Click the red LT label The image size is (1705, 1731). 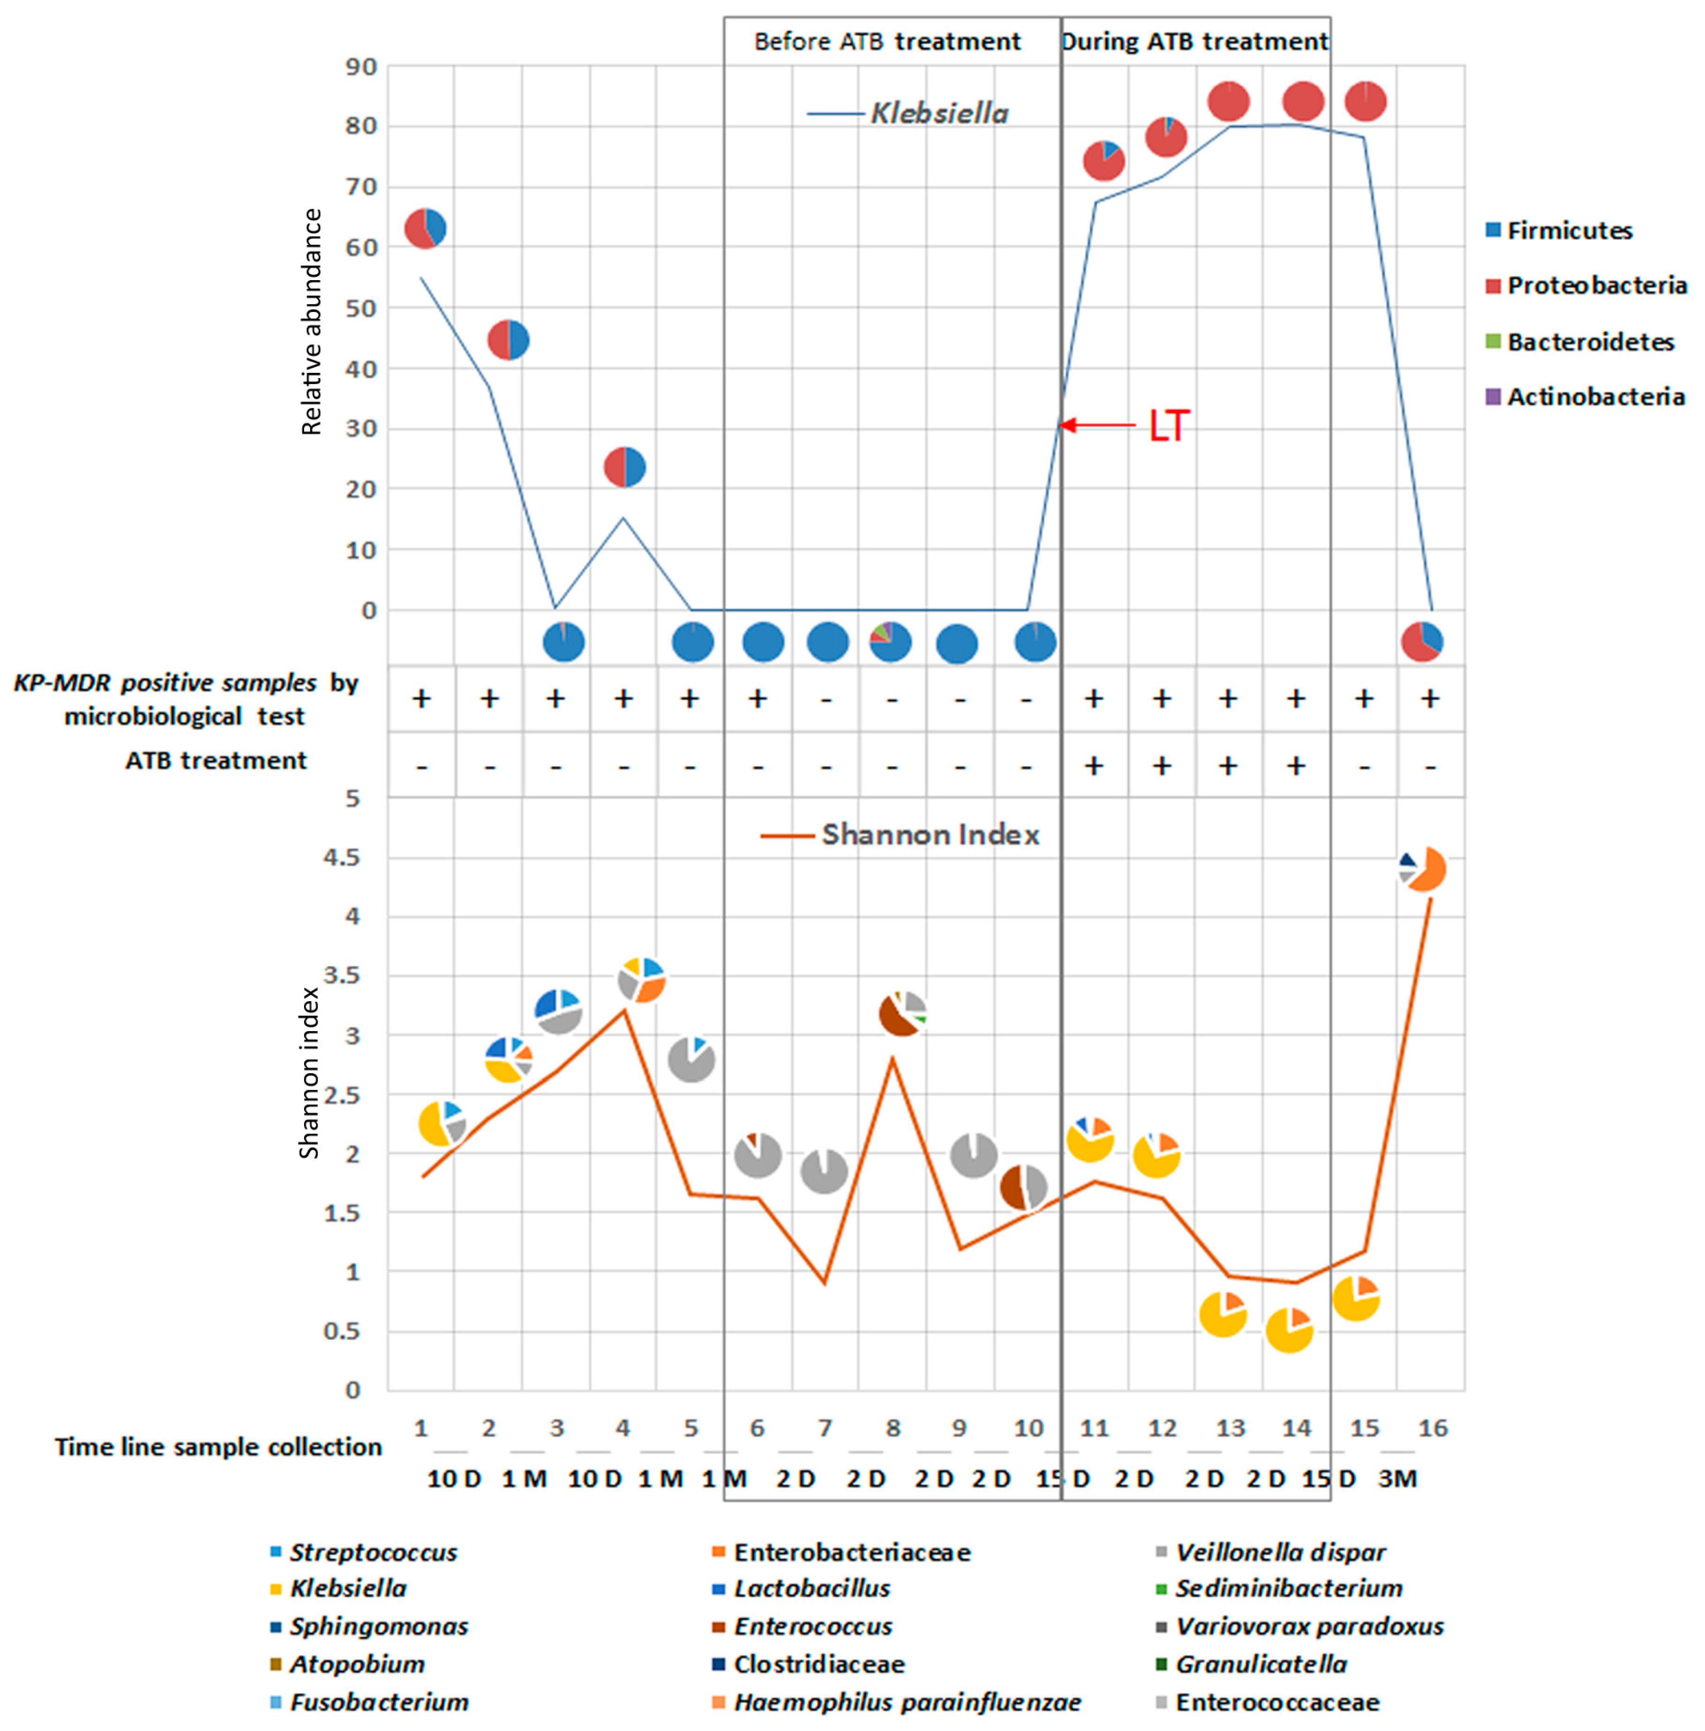point(1169,425)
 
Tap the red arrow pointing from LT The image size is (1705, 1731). point(1097,425)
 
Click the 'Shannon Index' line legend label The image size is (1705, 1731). point(930,835)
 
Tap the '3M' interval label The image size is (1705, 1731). point(1397,1478)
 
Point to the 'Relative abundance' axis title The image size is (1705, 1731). point(312,322)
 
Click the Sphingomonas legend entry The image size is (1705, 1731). point(378,1626)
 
